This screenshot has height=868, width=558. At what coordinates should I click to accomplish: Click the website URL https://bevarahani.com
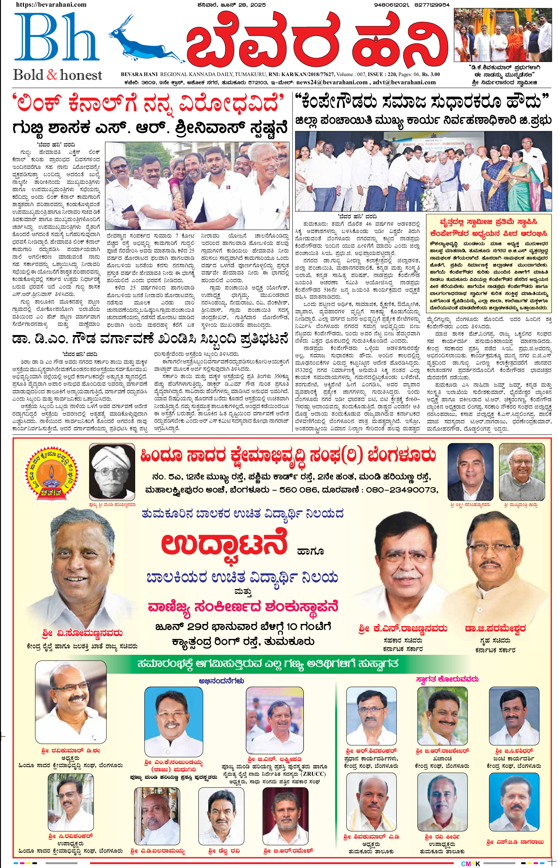(51, 5)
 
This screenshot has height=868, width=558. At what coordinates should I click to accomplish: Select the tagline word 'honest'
(81, 75)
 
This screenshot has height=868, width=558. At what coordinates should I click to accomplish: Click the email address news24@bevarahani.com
(332, 82)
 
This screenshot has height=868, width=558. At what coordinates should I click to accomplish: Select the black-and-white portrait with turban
(112, 472)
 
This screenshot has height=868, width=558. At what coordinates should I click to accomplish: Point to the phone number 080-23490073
(401, 490)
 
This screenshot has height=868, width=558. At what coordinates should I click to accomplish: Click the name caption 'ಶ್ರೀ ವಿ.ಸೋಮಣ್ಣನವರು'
(82, 633)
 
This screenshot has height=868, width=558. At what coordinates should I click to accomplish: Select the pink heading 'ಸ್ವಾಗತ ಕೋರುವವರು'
(447, 679)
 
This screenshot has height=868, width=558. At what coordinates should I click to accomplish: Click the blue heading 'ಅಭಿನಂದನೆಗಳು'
(221, 681)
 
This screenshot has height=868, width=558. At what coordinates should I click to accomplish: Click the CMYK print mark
(470, 864)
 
